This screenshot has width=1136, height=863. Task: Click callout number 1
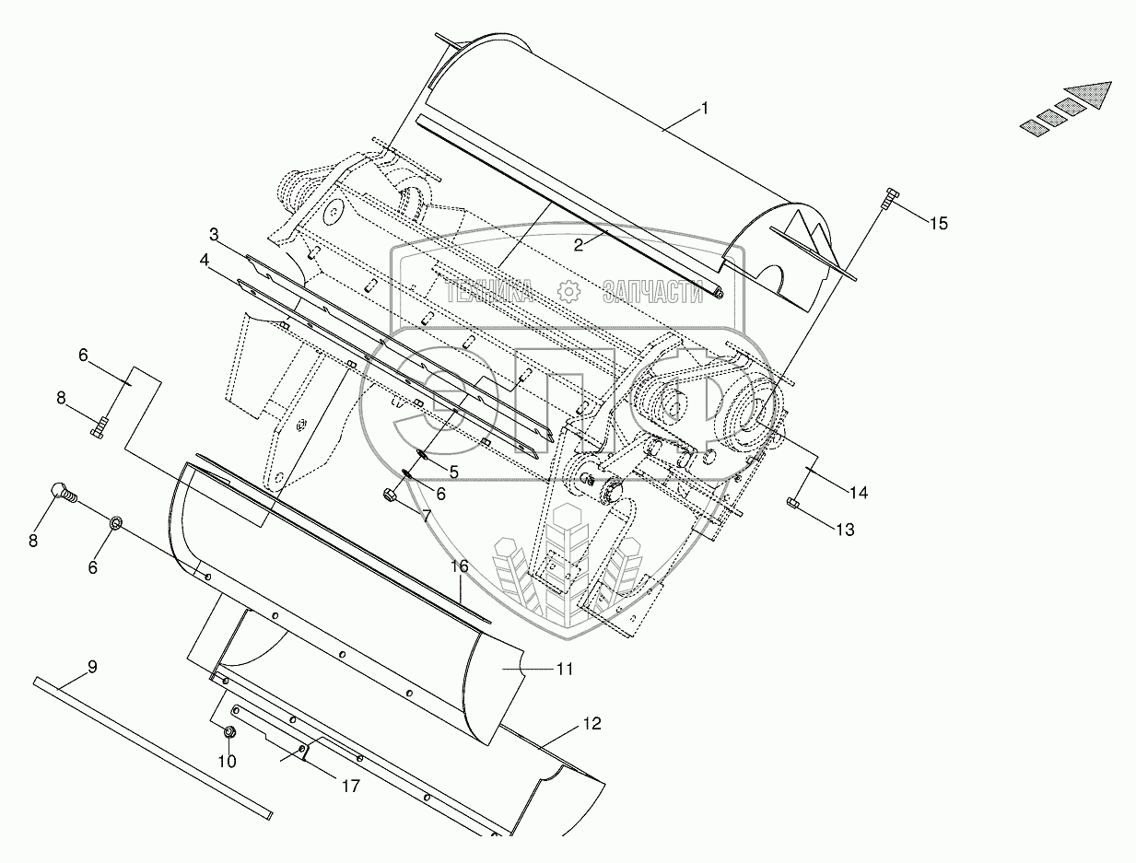click(704, 109)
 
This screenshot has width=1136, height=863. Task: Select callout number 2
click(578, 245)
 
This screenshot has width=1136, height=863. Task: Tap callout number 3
click(214, 235)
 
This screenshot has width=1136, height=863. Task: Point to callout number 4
click(205, 261)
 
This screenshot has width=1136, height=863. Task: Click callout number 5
click(453, 472)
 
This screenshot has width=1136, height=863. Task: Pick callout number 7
click(427, 516)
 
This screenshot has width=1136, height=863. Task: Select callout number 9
click(92, 667)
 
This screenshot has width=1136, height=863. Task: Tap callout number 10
click(227, 761)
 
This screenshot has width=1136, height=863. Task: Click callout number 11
click(565, 669)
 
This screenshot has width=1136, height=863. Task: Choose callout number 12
click(592, 723)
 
